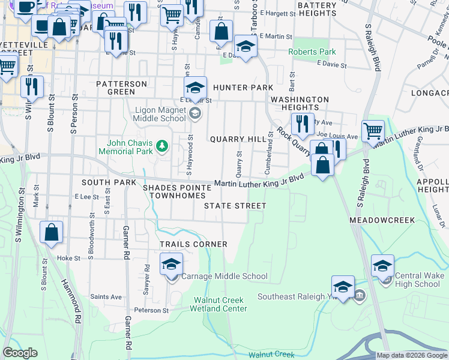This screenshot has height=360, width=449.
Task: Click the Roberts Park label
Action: pos(312,52)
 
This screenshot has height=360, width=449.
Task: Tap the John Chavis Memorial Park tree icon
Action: pos(161,146)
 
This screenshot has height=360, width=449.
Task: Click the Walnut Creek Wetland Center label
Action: pos(220,304)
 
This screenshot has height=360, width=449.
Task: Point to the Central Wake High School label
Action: pos(419,280)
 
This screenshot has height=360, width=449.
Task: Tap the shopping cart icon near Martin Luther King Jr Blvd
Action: pos(373,130)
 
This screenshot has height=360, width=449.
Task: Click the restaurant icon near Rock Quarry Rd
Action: pos(303,124)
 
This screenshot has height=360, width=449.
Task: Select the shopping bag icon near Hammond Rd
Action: pos(52,232)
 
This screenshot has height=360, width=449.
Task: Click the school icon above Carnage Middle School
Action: pos(172,263)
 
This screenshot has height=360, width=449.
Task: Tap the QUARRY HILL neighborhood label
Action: pos(238,139)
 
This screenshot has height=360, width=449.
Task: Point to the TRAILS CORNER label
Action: pos(193,244)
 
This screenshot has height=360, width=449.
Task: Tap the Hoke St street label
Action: pos(68,258)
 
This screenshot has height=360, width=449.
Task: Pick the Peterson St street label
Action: pos(151,310)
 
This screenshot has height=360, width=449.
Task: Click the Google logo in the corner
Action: pos(20,353)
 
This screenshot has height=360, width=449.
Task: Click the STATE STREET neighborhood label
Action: pos(235,206)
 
